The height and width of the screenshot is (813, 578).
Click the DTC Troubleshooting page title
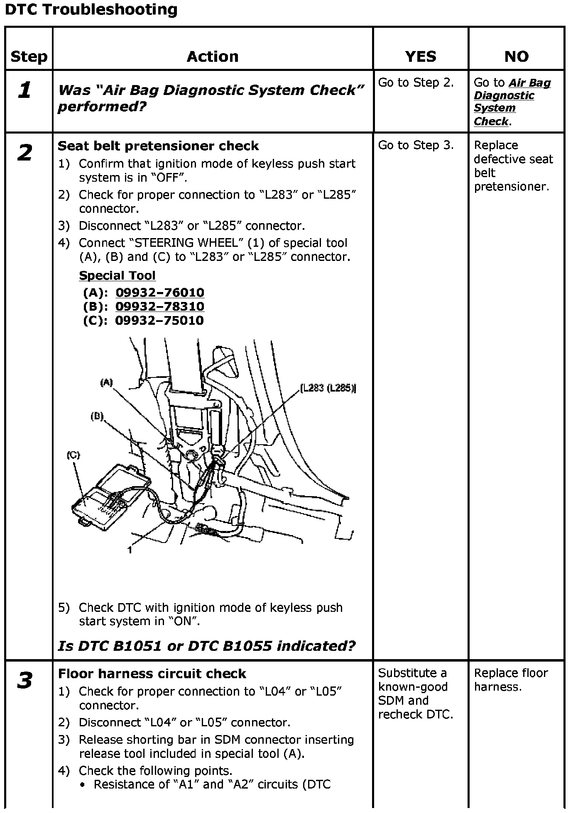click(x=91, y=10)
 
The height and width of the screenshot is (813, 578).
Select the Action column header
click(x=213, y=56)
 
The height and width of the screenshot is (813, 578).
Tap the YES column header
click(x=421, y=56)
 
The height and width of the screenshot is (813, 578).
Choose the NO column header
click(x=516, y=56)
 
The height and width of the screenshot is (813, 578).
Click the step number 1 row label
click(x=25, y=90)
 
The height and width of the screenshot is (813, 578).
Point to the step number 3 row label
click(x=25, y=681)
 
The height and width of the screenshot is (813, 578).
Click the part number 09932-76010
click(x=160, y=292)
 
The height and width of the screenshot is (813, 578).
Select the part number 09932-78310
click(x=160, y=307)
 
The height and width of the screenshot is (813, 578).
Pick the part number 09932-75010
click(x=159, y=320)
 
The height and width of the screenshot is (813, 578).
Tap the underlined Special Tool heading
click(x=117, y=275)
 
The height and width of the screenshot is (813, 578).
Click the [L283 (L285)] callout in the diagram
click(x=328, y=388)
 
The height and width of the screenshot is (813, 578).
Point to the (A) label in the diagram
click(x=107, y=382)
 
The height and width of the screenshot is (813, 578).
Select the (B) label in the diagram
click(x=97, y=416)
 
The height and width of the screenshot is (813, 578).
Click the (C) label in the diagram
click(x=73, y=455)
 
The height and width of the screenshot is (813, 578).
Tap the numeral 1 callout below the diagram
click(x=130, y=550)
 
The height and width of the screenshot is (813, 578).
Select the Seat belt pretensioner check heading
click(x=158, y=146)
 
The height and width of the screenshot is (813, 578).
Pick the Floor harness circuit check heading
click(x=152, y=674)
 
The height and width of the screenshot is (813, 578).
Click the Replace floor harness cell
click(x=511, y=680)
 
